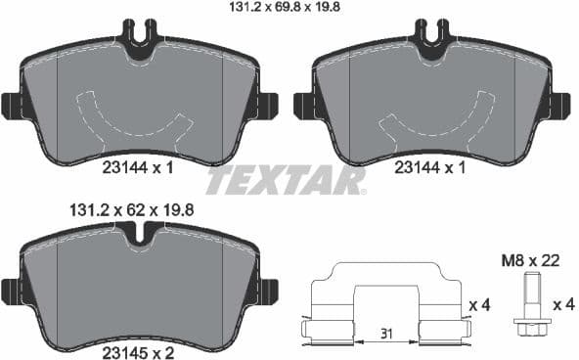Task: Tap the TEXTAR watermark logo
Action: click(x=288, y=181)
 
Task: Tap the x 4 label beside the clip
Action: click(x=479, y=306)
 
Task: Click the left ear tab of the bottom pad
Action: click(x=12, y=291)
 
